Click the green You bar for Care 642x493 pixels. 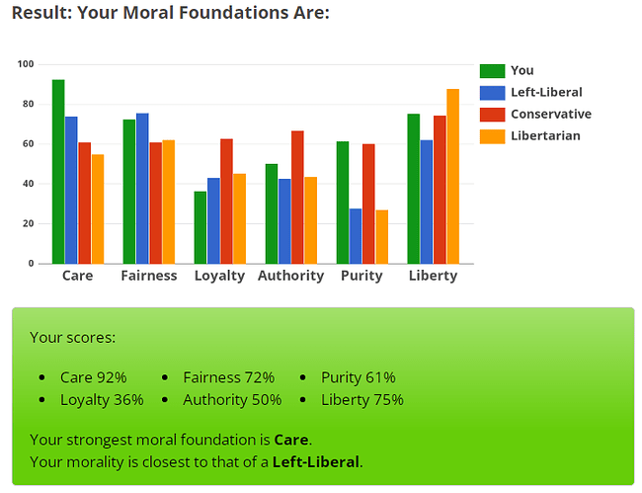(x=58, y=172)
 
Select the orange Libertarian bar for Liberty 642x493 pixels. (x=452, y=177)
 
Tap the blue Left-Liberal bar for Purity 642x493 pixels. (x=356, y=236)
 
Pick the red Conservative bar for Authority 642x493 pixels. (x=297, y=198)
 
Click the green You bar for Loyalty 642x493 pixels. (x=201, y=227)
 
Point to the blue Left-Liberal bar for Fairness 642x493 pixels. (x=142, y=189)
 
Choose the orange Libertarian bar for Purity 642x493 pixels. (x=381, y=237)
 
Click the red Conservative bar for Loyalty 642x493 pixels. (x=226, y=202)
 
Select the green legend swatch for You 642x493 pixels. (x=491, y=70)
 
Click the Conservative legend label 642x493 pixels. (x=550, y=114)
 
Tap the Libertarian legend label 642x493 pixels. (x=545, y=135)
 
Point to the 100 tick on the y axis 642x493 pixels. (x=26, y=64)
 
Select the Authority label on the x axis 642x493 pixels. (x=290, y=276)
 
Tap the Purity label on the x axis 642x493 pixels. (x=361, y=276)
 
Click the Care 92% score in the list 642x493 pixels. (x=93, y=377)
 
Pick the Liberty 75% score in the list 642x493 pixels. (x=361, y=400)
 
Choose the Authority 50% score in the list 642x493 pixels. (x=232, y=400)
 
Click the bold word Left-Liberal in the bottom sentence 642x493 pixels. (x=316, y=461)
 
